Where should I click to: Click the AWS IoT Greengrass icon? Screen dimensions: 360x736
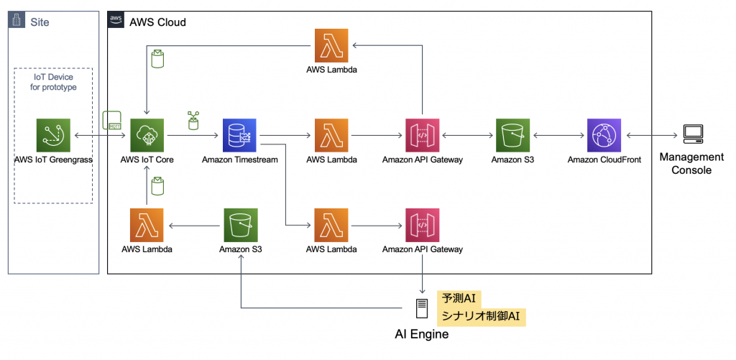tap(54, 136)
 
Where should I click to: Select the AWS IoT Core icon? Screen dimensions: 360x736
tap(147, 136)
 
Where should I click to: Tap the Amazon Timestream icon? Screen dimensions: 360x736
tap(241, 136)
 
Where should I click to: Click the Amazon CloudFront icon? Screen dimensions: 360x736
tap(604, 136)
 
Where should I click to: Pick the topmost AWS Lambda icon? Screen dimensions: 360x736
tap(331, 46)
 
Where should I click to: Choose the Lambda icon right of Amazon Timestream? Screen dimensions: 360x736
tap(331, 136)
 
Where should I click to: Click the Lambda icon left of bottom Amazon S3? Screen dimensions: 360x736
tap(147, 226)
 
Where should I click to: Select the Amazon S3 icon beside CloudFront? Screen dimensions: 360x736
tap(512, 136)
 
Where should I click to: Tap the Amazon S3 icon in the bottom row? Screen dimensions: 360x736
tap(241, 226)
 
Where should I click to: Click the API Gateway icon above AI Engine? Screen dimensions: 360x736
tap(423, 226)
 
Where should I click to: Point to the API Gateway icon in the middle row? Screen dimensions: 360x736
tap(423, 136)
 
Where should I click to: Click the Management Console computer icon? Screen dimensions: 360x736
tap(692, 134)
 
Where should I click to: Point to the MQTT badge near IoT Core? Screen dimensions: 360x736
tap(113, 120)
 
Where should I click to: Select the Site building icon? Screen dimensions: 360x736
tap(18, 21)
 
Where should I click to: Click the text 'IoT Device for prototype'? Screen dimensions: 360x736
tap(54, 82)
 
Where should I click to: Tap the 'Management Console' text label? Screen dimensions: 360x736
tap(691, 163)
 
